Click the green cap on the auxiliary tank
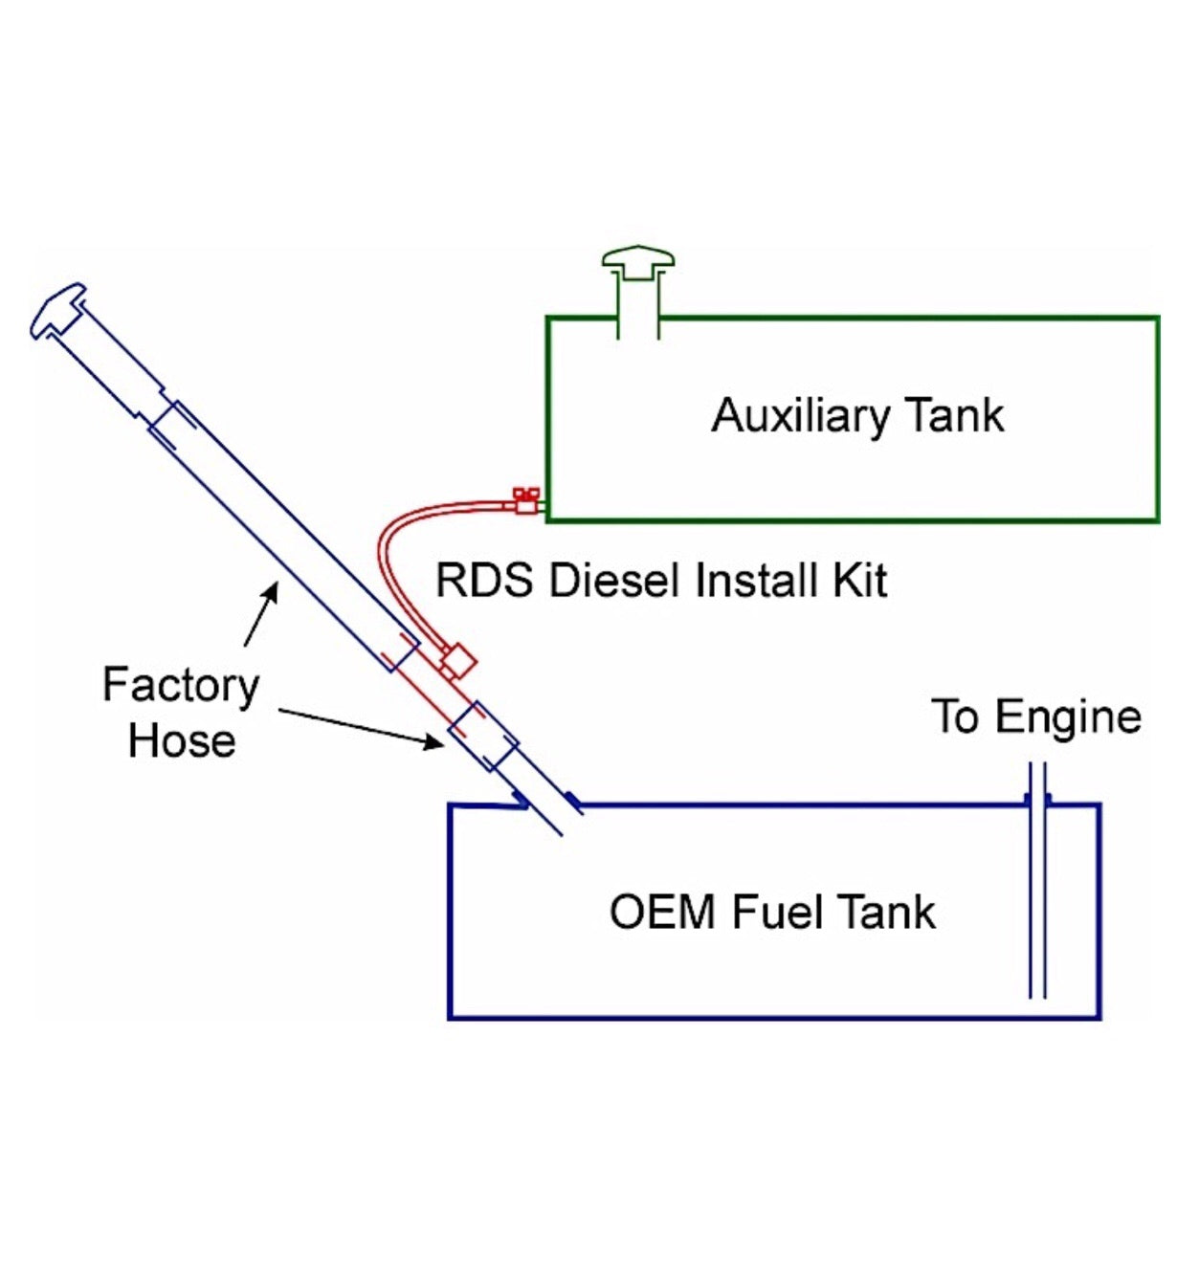coord(638,260)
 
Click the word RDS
coord(484,581)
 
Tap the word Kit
coord(860,581)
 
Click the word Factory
coord(181,686)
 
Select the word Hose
coord(182,741)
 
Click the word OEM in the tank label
coord(662,912)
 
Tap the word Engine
coord(1068,717)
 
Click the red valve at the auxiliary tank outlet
coord(525,500)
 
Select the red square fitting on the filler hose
coord(458,660)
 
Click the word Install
coord(747,581)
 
